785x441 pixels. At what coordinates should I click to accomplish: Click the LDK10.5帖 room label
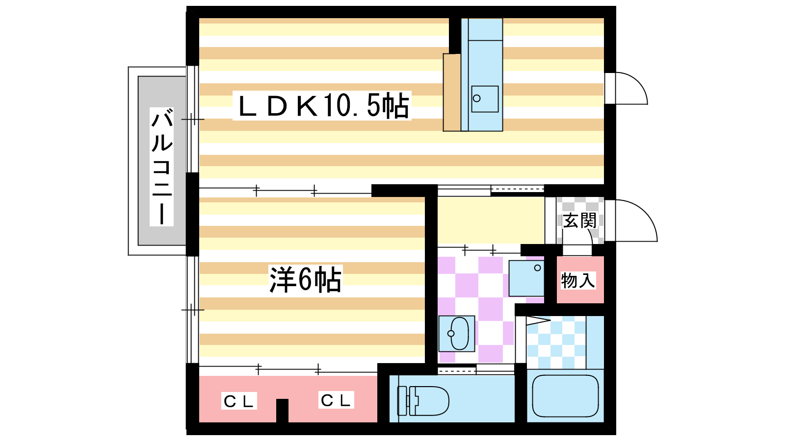322,105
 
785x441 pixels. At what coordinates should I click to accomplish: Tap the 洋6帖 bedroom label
305,279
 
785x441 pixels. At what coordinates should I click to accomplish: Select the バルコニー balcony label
162,167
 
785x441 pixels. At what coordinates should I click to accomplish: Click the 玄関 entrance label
579,221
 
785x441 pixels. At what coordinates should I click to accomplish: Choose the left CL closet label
238,401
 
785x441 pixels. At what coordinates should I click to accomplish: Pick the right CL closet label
336,400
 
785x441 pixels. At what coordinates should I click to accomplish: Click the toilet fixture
423,401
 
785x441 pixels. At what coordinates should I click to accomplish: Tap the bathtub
565,396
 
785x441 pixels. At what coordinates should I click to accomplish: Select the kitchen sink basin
485,99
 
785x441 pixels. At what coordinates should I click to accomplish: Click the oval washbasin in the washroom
459,334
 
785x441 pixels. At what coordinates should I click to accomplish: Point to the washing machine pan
526,278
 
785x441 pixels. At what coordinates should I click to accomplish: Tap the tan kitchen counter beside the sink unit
452,93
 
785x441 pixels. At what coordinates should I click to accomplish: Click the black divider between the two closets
282,411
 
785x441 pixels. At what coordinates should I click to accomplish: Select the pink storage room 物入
580,280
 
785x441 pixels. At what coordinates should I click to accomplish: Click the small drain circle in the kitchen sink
476,98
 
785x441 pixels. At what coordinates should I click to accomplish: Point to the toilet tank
402,401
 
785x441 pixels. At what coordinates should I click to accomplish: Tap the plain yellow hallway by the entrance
491,220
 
